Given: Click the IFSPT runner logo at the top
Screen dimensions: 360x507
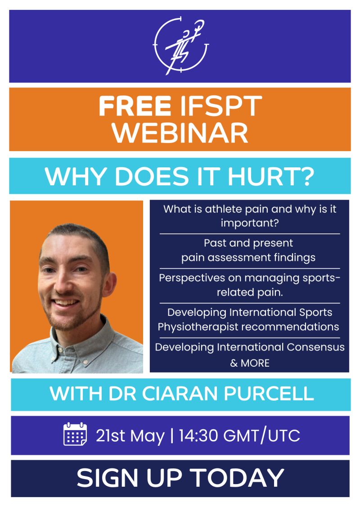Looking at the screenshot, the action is pos(180,45).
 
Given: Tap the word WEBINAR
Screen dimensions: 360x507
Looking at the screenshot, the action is pos(180,133).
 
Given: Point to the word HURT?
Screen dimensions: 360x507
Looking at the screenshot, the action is pos(271,176).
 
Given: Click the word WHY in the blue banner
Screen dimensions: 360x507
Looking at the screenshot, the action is pos(76,176).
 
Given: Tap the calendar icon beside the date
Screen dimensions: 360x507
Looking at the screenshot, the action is pos(75,434).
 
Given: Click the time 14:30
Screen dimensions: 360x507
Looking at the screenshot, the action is pos(198,435).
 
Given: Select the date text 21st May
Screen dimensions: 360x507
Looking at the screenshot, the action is pos(130,436).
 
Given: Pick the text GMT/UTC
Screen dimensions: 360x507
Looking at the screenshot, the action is pos(261,435).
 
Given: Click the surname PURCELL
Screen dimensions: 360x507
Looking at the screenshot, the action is pos(269,394).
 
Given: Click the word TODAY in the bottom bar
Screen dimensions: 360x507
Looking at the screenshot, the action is pos(237,478).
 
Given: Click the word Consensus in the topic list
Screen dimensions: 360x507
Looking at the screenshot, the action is pos(315,347).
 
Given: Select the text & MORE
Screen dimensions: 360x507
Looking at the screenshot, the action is pos(250,363).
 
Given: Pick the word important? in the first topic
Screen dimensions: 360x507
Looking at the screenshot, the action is pos(250,223).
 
